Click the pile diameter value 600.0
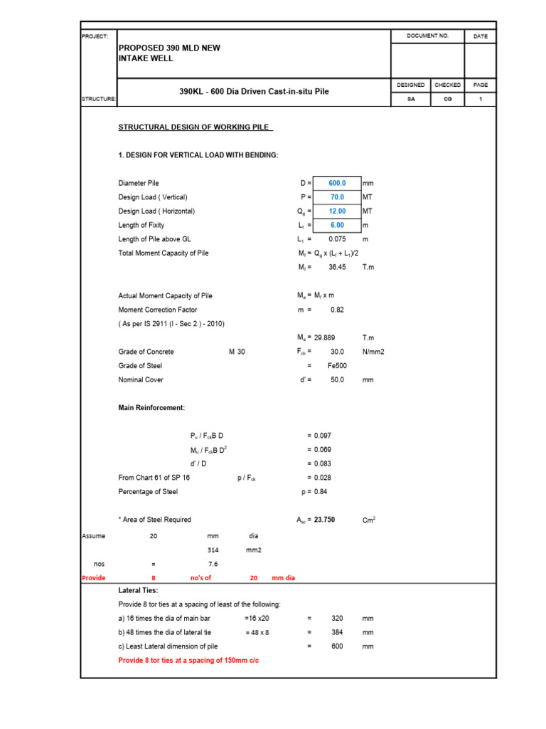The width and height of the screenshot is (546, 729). [x=337, y=183]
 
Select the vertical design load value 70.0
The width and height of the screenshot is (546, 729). [x=337, y=197]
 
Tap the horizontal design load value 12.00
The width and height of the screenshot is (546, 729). [x=337, y=211]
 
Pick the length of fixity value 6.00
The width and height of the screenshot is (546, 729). [x=337, y=225]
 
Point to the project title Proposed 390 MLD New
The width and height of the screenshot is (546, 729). [x=169, y=48]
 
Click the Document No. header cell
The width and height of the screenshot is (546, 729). [x=427, y=36]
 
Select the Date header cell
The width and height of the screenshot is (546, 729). [x=481, y=36]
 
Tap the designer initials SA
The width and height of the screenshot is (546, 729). [x=411, y=100]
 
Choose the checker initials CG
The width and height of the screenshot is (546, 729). [x=448, y=100]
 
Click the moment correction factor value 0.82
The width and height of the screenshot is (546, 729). [x=338, y=310]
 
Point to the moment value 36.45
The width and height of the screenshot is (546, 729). [x=337, y=267]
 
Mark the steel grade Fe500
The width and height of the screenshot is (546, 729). [x=337, y=365]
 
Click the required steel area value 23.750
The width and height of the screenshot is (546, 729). [x=326, y=520]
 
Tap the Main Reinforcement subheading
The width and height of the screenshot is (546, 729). [x=151, y=408]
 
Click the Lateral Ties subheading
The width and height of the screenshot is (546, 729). [x=138, y=590]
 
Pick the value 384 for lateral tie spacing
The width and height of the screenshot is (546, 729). [x=337, y=632]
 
